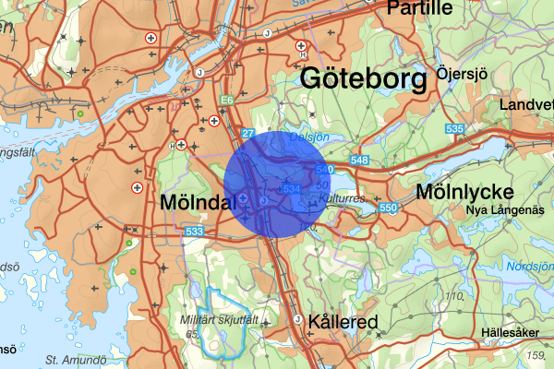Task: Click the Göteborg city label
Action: (364, 79)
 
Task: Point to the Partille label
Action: (420, 8)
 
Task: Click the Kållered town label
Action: (343, 323)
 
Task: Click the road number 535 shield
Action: (452, 129)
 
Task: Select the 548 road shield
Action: (360, 161)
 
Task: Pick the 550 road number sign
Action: (388, 209)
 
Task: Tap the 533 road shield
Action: (194, 231)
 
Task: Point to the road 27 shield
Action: (247, 134)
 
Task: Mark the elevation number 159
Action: (534, 355)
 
